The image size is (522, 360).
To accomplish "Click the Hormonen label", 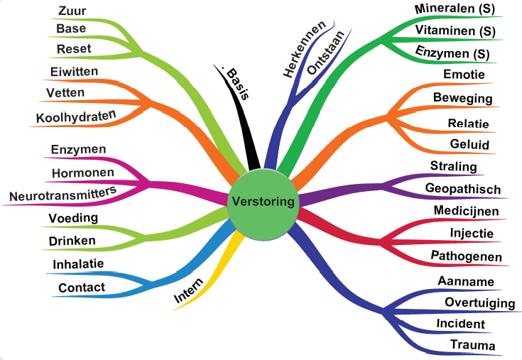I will pos(82,172).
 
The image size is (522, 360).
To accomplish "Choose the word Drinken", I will pos(72,241).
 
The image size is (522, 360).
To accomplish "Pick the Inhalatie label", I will pos(78,264).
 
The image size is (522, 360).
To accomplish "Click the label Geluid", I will pos(469,145).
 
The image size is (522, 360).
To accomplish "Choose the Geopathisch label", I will pos(462,189).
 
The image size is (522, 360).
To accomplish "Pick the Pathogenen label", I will pos(467,256).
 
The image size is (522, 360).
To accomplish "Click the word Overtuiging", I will pos(479,303).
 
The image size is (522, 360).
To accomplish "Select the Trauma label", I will pos(472,345).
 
